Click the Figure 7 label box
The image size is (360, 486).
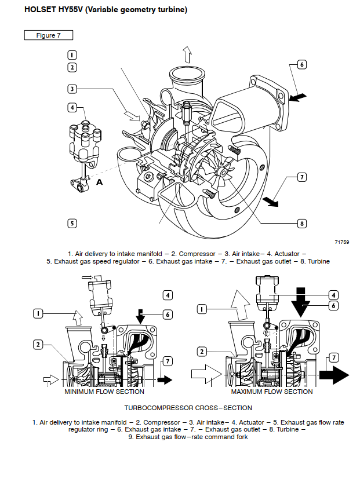[48, 35]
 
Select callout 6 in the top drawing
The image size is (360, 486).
[301, 64]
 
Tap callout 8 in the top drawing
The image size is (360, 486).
[301, 223]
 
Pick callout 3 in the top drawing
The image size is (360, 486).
[72, 89]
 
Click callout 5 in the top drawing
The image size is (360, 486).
[72, 223]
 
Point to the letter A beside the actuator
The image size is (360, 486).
[99, 182]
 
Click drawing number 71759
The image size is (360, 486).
[341, 242]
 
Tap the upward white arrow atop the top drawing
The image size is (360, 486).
[187, 56]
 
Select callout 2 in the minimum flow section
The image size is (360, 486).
[38, 345]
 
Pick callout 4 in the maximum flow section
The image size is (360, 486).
[333, 294]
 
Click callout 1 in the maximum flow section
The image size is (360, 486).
[202, 309]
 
